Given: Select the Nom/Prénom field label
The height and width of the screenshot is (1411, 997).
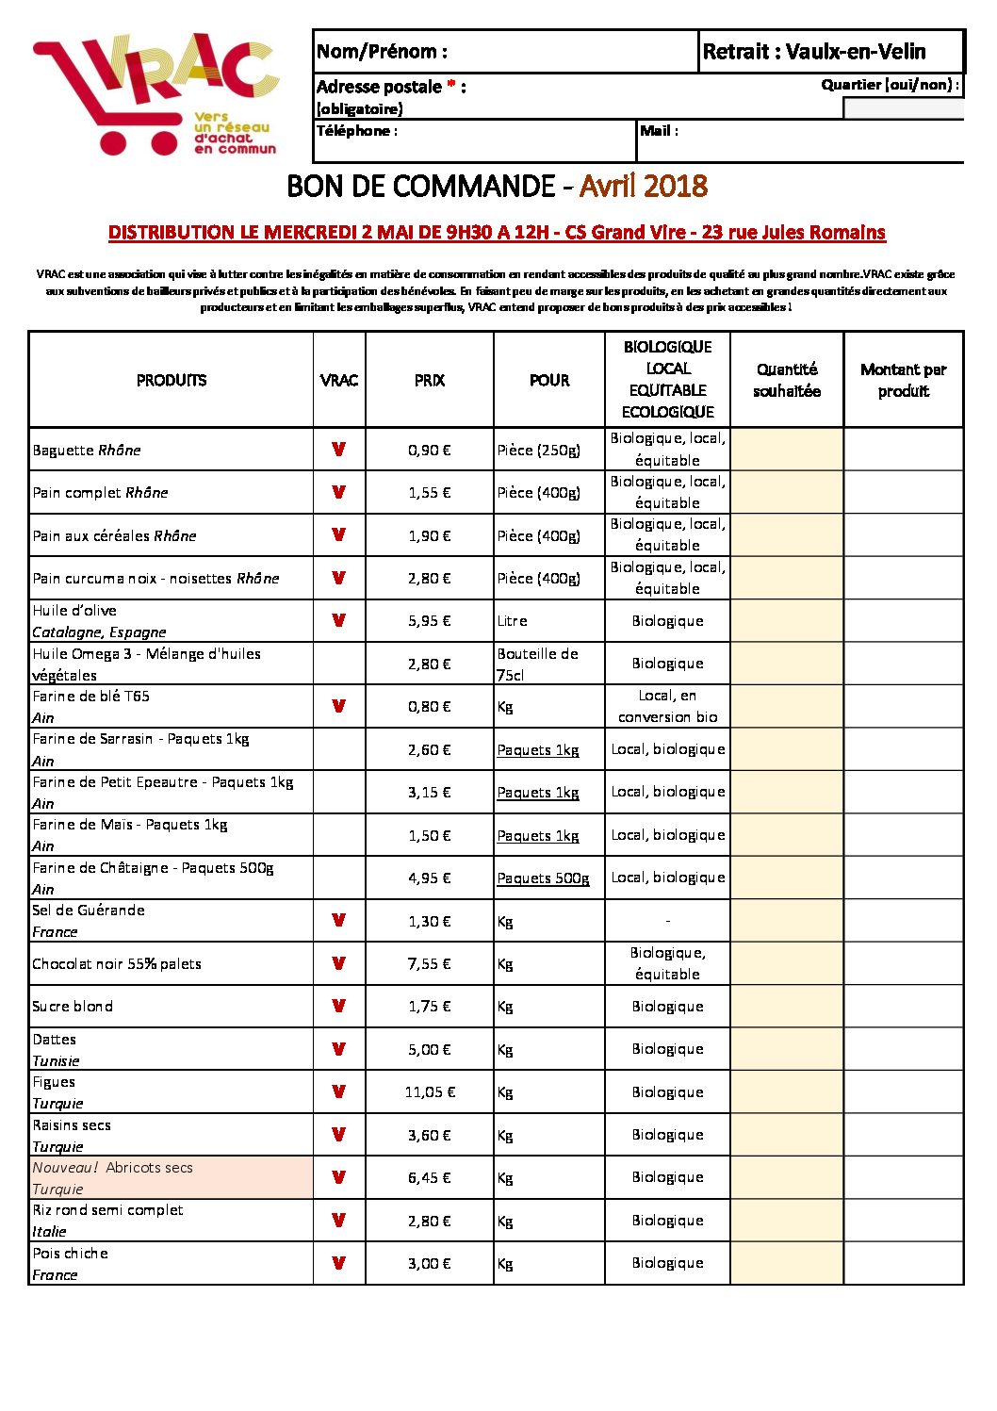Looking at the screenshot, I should [382, 52].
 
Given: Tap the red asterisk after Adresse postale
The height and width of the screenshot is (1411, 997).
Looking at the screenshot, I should [452, 86].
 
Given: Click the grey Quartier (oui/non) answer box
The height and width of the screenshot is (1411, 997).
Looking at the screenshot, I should [903, 108].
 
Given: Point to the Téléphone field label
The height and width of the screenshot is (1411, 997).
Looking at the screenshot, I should [357, 131].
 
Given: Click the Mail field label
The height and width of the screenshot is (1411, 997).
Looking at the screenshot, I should [659, 131].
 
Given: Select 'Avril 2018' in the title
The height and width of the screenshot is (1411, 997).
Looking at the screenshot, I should [643, 186].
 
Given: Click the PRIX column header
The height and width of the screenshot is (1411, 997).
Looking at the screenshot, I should [429, 380].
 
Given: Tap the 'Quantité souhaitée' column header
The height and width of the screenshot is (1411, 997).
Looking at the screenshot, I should [787, 380].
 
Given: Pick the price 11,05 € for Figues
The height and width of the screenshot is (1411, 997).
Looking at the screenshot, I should [430, 1092].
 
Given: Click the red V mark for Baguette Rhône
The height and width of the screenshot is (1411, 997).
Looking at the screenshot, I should [338, 450].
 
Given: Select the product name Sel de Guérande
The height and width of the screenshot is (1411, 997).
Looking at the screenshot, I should [89, 911].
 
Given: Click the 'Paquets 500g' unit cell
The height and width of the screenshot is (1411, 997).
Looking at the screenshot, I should [543, 878].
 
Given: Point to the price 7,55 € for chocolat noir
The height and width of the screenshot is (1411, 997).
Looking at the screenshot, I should [430, 964].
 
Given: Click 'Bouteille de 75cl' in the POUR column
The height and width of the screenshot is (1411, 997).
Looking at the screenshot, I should [538, 664].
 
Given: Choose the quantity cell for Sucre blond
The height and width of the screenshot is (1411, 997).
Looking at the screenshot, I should [786, 1007].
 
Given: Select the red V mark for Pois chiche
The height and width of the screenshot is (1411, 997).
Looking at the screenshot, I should [338, 1263].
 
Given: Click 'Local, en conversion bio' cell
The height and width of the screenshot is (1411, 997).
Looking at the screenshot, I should [667, 706].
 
